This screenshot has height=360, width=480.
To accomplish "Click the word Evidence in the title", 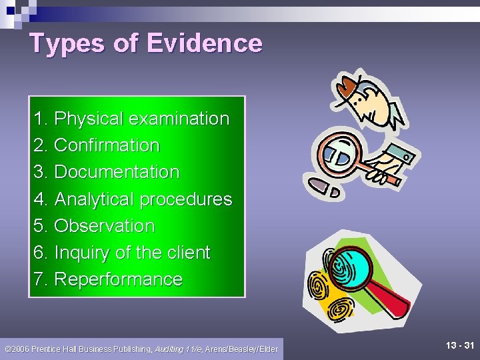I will [204, 43].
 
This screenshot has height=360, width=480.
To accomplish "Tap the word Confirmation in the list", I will [107, 145].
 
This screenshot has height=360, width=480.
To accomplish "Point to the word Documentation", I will [117, 172].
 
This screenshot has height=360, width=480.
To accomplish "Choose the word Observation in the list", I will [104, 226].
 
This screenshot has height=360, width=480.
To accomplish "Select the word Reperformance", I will [118, 279].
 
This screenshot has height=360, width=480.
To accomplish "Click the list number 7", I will [39, 279].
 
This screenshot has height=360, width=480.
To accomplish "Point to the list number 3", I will [39, 172].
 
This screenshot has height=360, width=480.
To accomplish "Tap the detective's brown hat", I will [348, 85].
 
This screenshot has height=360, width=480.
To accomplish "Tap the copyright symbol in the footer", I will [7, 349].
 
